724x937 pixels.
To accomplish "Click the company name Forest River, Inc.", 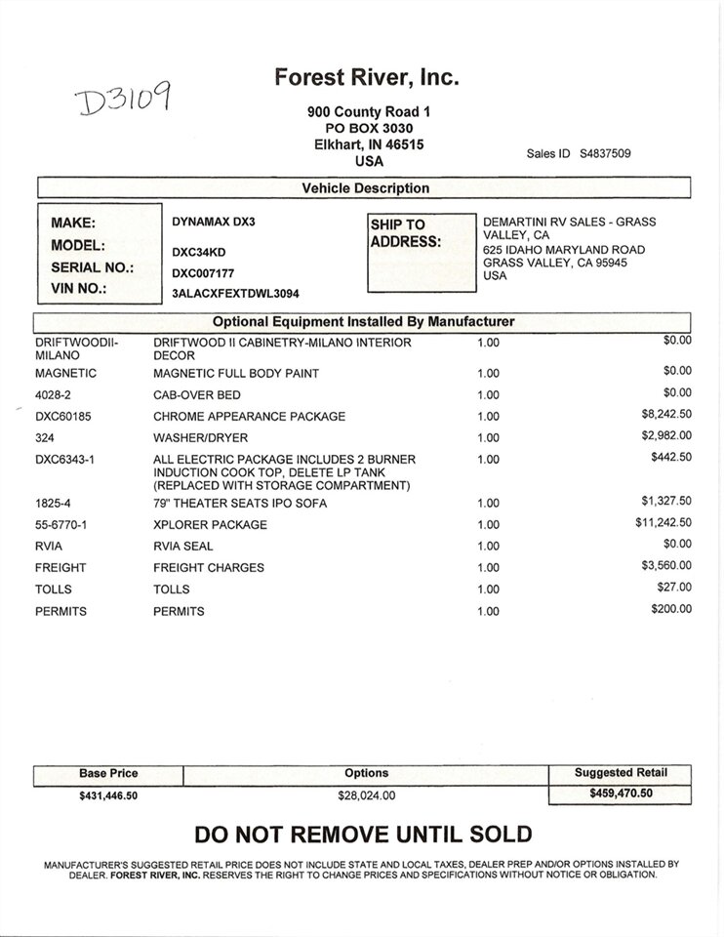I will [x=366, y=77].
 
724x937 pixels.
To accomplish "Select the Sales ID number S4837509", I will [x=605, y=153].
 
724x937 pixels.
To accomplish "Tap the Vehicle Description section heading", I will [x=365, y=188].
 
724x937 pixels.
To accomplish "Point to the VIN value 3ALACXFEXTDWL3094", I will [x=234, y=293].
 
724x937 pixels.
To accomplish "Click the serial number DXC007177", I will [x=203, y=274].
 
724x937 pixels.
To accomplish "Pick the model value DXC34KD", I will [x=199, y=252].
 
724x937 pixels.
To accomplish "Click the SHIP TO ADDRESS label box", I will [x=422, y=252].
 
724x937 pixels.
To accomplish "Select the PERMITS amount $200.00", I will [x=670, y=608].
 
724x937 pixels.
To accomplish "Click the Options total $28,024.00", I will [x=366, y=795].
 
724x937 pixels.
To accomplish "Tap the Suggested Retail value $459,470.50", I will [x=620, y=794].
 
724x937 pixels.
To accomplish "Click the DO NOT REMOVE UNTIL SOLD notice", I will [x=363, y=835].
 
